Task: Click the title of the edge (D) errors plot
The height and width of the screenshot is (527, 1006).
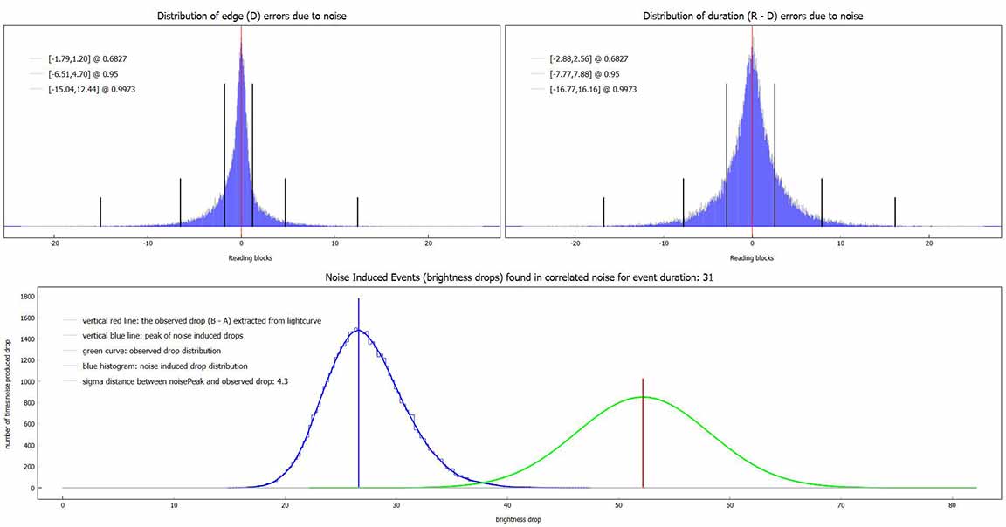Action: [251, 16]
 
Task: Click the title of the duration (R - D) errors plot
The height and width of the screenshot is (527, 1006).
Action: [752, 16]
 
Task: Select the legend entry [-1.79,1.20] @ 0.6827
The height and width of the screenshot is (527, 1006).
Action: [88, 58]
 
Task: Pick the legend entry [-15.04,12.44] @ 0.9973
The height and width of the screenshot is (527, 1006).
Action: [93, 89]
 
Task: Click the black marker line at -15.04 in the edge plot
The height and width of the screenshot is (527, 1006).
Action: [100, 211]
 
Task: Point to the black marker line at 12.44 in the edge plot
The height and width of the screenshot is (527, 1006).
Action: [358, 211]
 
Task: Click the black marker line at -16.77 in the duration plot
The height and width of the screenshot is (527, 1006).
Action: [603, 211]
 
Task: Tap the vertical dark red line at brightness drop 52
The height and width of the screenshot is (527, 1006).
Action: [643, 436]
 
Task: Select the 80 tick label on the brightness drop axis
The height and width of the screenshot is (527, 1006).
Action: [953, 503]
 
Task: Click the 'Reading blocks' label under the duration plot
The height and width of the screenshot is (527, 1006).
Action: [752, 257]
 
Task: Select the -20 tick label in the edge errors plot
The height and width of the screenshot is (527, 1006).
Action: [54, 243]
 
